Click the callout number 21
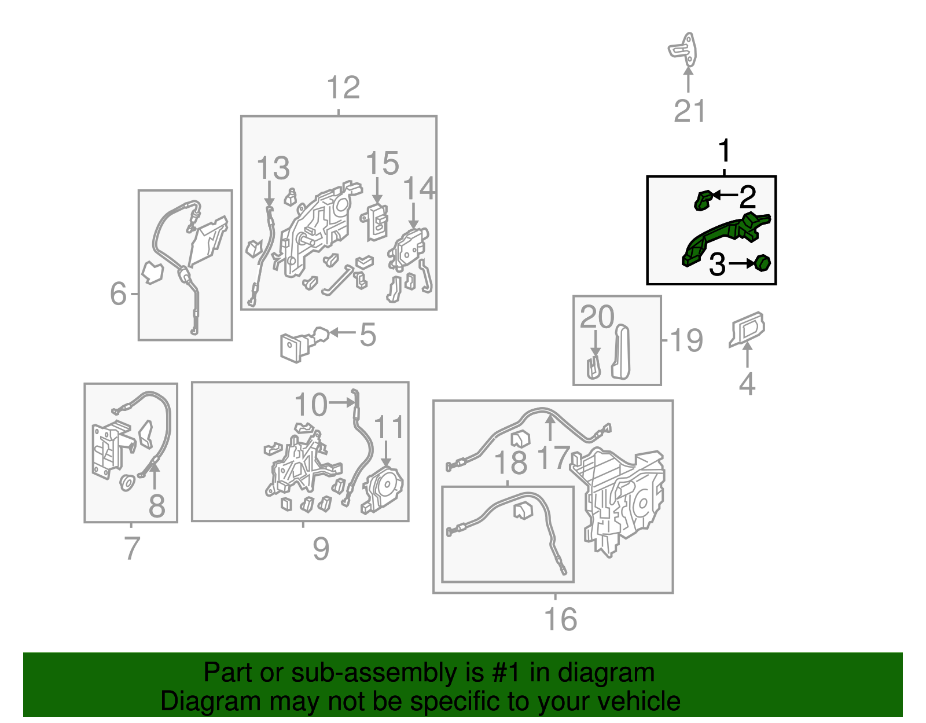pos(689,111)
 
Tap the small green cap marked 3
pos(762,263)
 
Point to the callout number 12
pos(343,88)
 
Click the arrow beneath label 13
pos(269,194)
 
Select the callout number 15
pos(382,163)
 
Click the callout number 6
pos(118,293)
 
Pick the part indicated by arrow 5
pos(303,343)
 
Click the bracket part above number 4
pos(747,329)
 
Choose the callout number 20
pos(597,317)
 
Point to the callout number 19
pos(686,340)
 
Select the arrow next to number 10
pos(341,402)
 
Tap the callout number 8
pos(156,506)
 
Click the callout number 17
pos(553,457)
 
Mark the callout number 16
pos(560,619)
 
